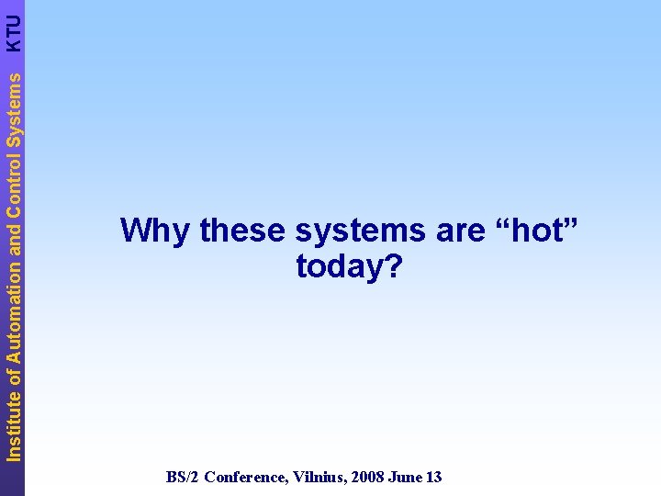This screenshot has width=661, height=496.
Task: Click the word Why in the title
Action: [155, 230]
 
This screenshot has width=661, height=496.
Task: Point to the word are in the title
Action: [459, 231]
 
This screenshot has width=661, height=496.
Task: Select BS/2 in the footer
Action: [183, 477]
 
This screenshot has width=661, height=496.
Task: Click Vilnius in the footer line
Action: [318, 477]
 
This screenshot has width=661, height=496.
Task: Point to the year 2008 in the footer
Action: [364, 477]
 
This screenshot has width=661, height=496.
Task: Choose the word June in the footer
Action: [403, 477]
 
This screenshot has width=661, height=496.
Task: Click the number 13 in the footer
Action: [433, 477]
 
